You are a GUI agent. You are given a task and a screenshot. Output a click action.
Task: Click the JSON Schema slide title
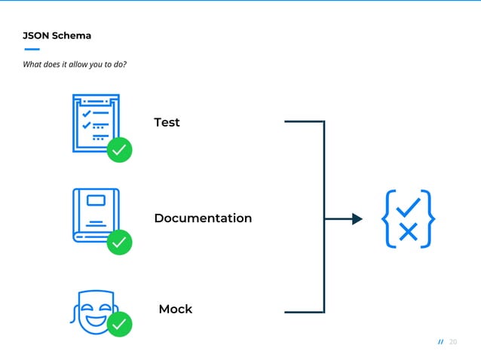tap(57, 35)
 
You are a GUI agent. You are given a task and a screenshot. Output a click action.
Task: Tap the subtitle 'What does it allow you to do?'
tap(75, 64)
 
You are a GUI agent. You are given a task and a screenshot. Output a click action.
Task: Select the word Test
tap(167, 122)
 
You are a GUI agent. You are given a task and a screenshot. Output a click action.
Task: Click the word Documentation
tap(203, 218)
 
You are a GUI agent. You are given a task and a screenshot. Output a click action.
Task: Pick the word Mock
tap(175, 309)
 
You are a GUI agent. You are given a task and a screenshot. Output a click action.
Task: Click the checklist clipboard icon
tap(94, 122)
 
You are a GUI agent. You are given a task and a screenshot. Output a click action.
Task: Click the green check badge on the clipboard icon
tap(119, 150)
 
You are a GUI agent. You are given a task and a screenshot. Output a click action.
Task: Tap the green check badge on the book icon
tap(119, 242)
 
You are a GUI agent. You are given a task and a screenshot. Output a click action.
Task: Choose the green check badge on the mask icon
tap(119, 325)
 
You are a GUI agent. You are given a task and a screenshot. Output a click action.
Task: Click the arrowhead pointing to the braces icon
tap(357, 219)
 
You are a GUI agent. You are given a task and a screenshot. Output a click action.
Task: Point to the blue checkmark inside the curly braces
tap(408, 206)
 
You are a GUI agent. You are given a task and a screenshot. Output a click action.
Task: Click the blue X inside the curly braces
tap(408, 232)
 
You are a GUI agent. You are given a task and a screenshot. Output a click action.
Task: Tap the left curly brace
tap(388, 219)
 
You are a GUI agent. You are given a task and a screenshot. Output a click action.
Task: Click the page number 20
tap(453, 342)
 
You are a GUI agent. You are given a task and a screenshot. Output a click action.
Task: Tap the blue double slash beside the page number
tap(441, 342)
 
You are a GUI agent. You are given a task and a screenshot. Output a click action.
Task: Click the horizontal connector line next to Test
tap(303, 121)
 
